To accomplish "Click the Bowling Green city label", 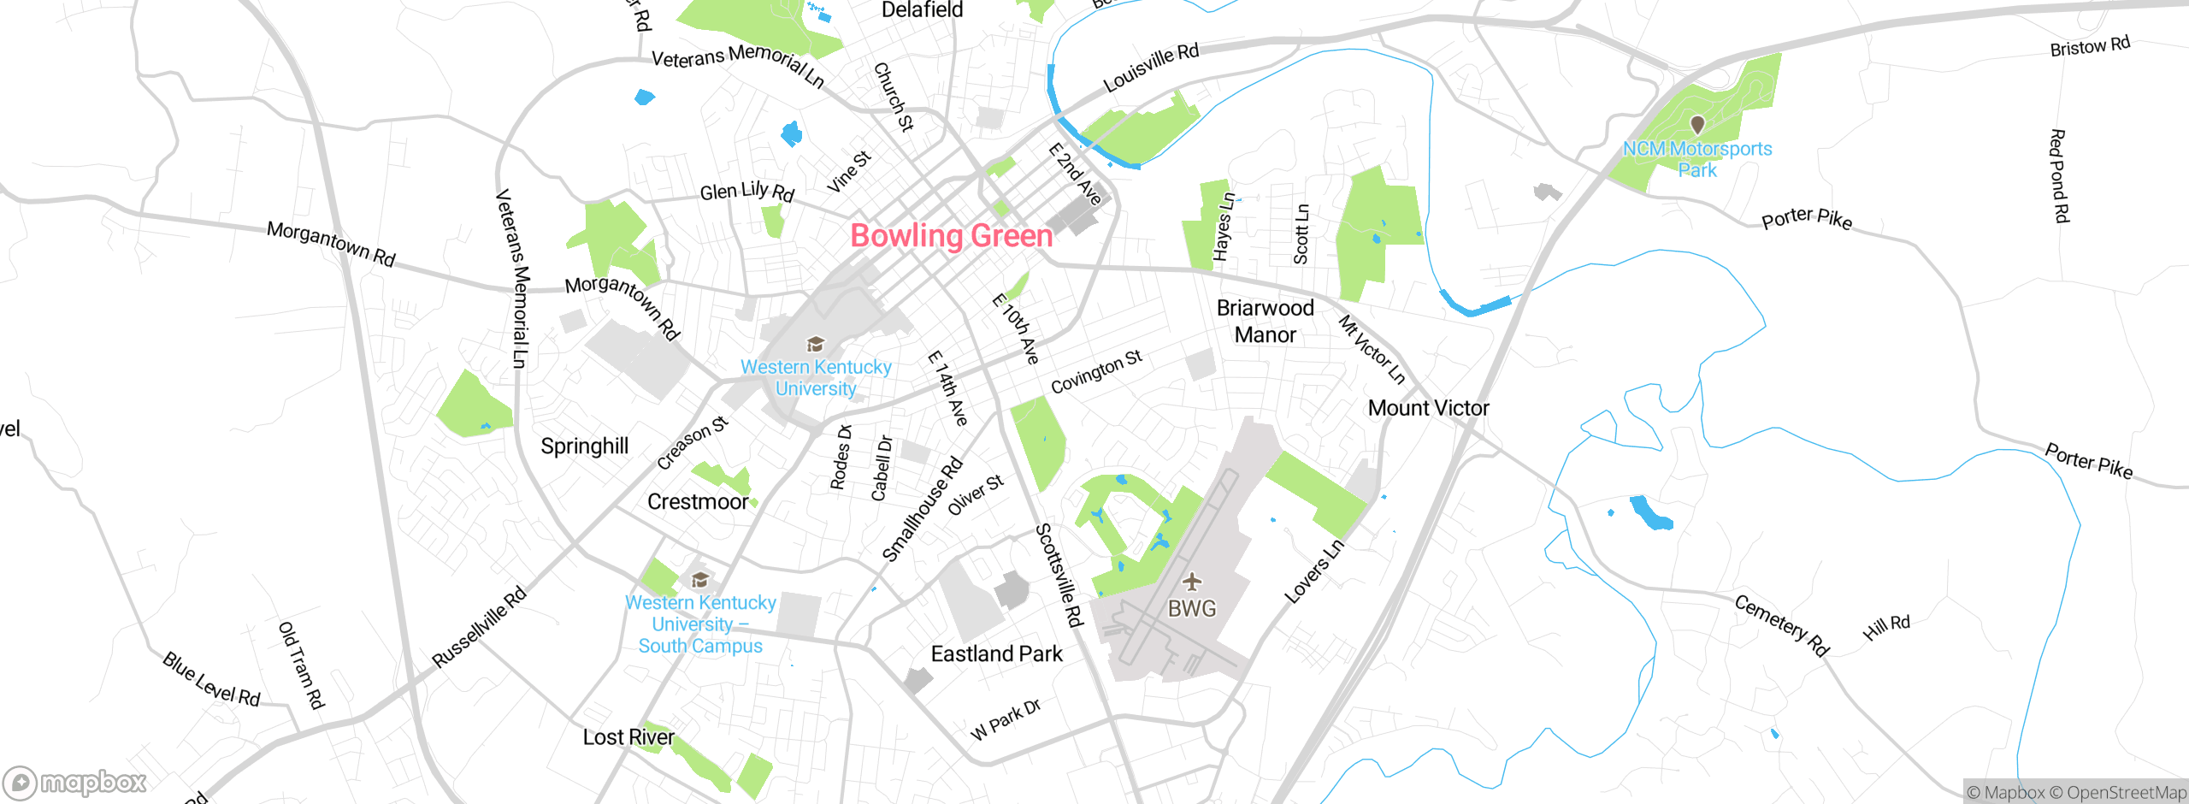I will [x=951, y=236].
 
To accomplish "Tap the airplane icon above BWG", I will [x=1192, y=582].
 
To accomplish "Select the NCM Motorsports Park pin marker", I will [x=1697, y=125].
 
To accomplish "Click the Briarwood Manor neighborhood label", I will [x=1265, y=322].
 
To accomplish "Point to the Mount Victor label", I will [x=1428, y=408].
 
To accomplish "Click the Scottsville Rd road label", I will [x=1059, y=575].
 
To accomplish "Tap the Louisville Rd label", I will [x=1151, y=67].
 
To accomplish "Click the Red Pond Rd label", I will [x=2058, y=176].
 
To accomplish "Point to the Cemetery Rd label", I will [x=1781, y=625].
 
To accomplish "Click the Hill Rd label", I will [x=1885, y=628].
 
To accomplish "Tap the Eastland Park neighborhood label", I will [x=996, y=654].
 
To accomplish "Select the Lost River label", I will [x=628, y=737].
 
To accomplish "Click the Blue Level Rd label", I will [x=211, y=680].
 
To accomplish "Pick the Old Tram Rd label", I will [x=301, y=665].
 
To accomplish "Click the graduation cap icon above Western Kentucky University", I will [x=816, y=344].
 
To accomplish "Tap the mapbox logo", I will [x=75, y=782].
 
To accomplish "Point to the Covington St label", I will [x=1095, y=372].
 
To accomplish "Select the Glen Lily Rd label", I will [x=746, y=192].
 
